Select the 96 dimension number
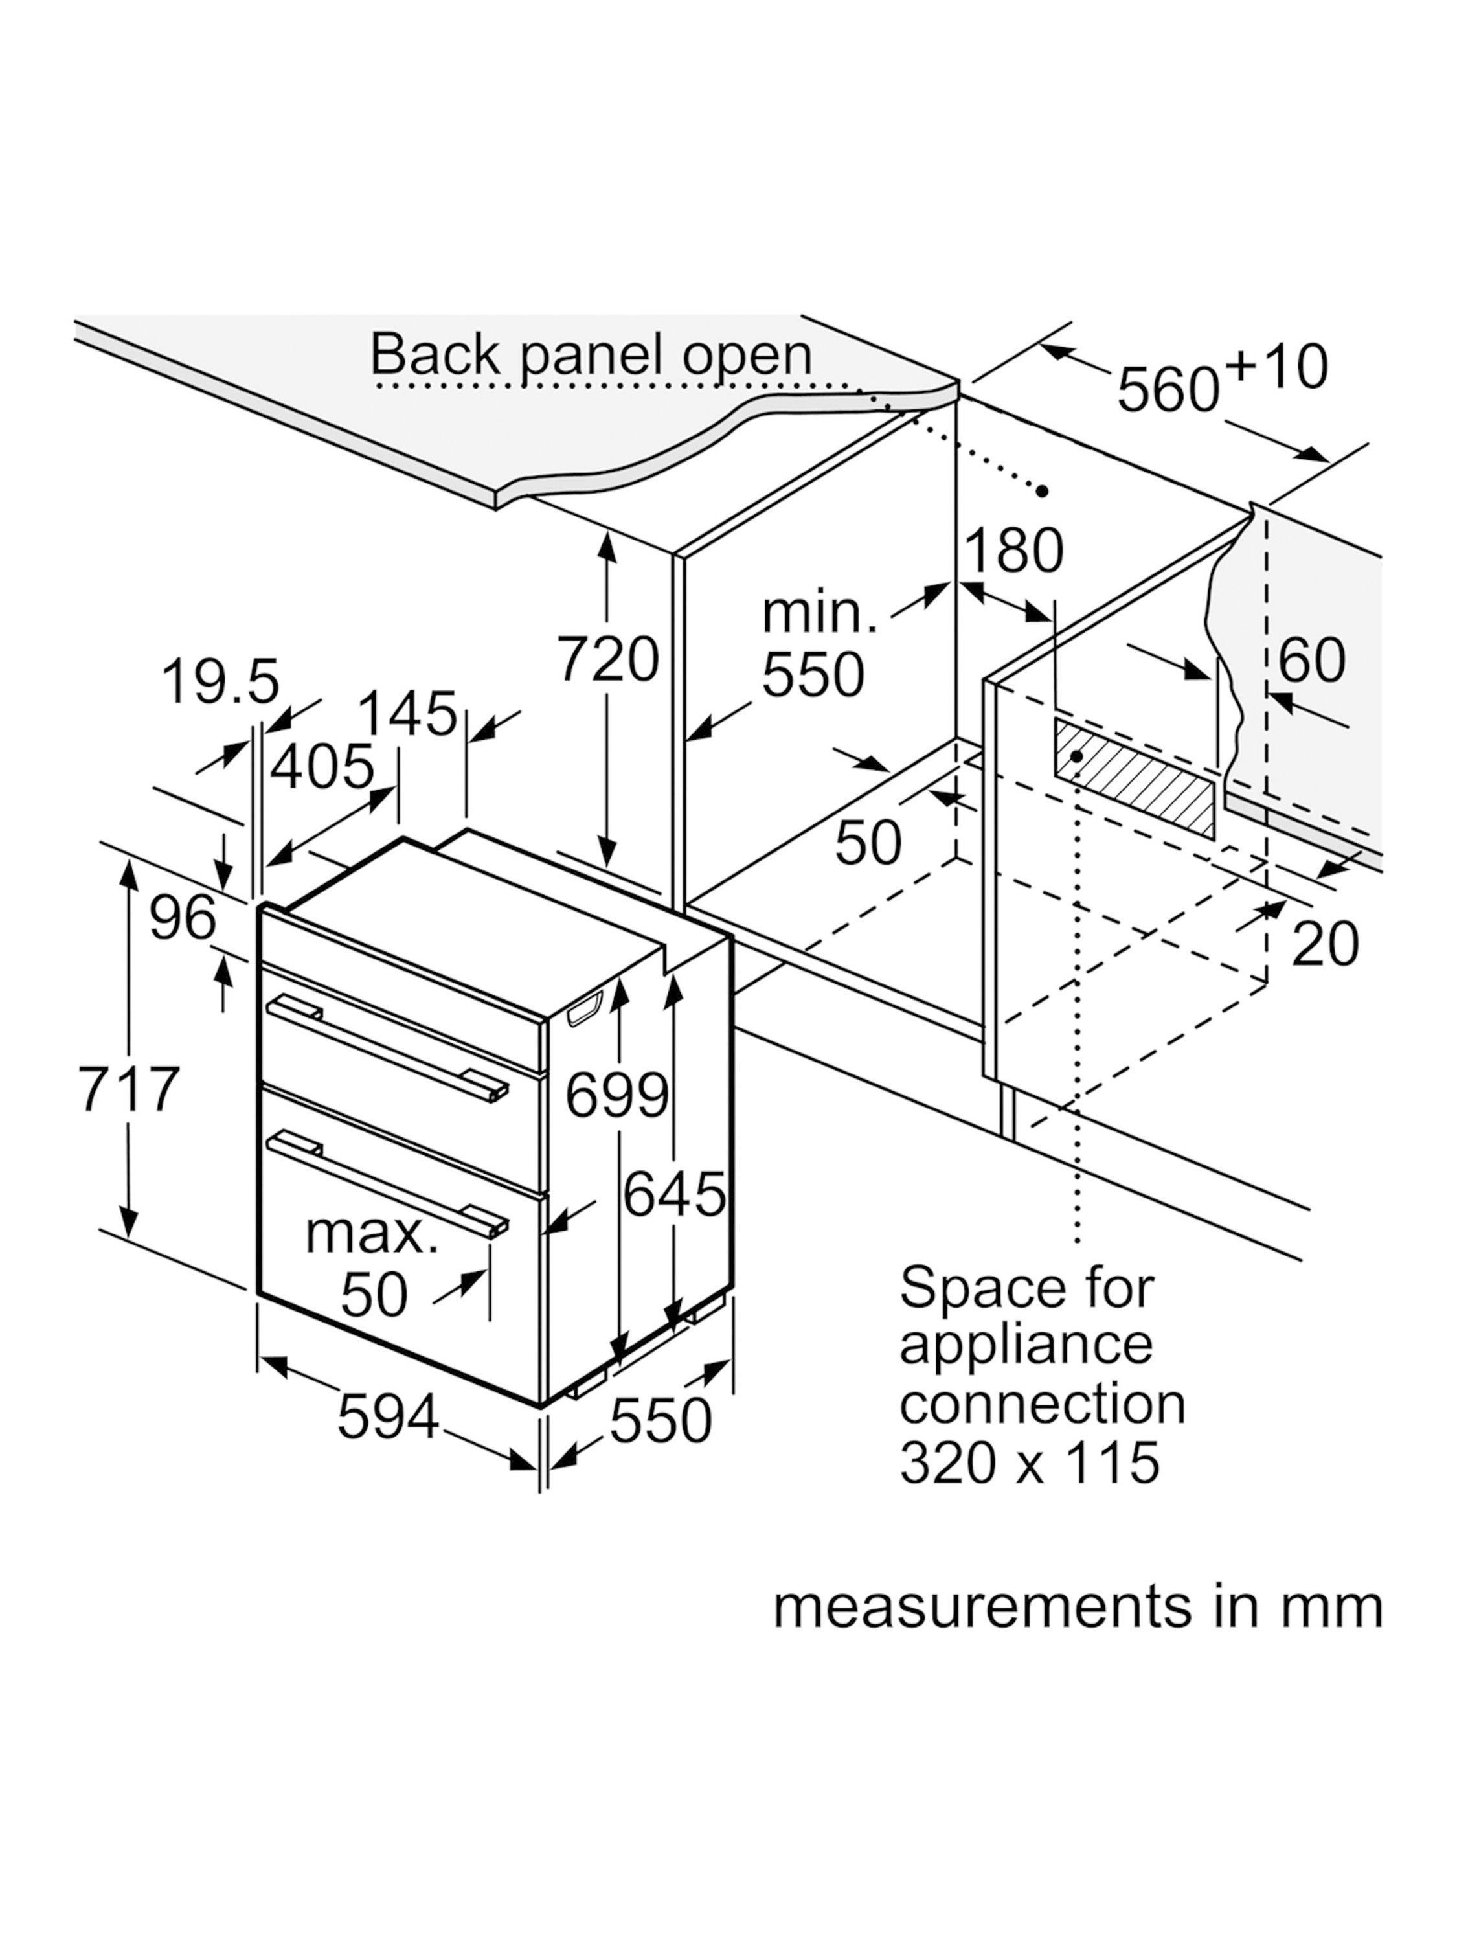pyautogui.click(x=183, y=919)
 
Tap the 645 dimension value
pyautogui.click(x=675, y=1194)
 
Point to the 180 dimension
pyautogui.click(x=1013, y=552)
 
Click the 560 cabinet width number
pyautogui.click(x=1169, y=387)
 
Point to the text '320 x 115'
pyautogui.click(x=1030, y=1462)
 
